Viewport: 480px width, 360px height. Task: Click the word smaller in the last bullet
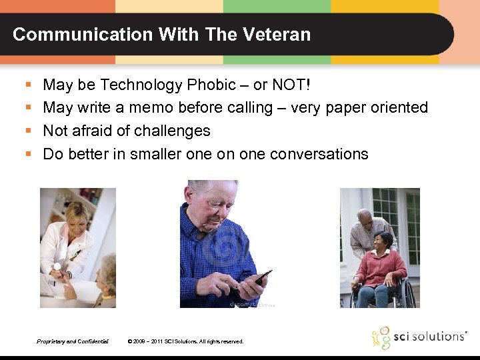pos(161,154)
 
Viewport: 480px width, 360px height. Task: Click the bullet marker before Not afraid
pos(28,131)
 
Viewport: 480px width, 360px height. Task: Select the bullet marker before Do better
pos(28,154)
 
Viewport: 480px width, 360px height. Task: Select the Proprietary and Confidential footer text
pos(73,341)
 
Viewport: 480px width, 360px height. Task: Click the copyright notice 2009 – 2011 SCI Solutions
pos(185,341)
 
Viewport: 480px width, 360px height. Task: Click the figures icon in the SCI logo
pos(381,337)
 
